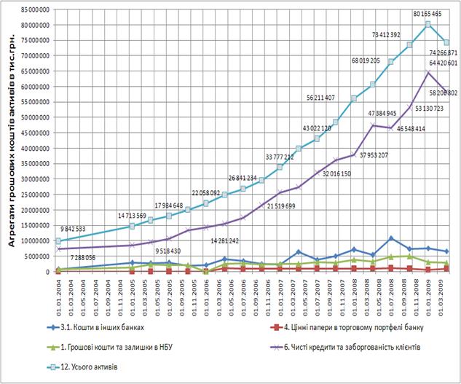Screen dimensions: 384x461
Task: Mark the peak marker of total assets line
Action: point(428,24)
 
